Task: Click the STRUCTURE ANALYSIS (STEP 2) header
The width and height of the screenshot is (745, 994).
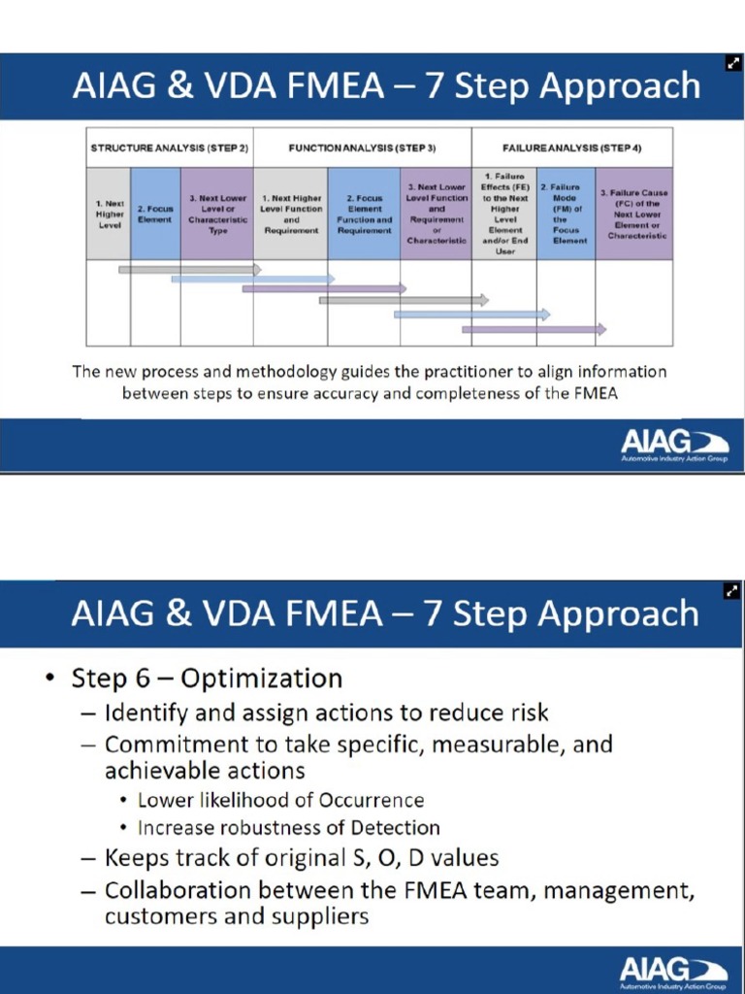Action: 169,148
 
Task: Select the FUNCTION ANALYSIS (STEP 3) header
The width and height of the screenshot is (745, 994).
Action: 362,148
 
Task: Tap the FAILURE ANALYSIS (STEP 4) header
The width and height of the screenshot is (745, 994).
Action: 571,148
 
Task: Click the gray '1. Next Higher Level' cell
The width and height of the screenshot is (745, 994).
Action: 109,214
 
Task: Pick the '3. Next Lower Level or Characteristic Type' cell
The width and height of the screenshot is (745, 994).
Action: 217,214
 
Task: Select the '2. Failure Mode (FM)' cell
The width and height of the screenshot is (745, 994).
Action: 566,214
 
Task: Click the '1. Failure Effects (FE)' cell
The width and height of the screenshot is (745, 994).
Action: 503,214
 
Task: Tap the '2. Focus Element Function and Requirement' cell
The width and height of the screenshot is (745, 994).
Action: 364,214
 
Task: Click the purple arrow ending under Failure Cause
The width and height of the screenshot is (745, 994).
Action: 534,329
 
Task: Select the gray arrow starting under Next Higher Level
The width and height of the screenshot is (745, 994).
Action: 189,269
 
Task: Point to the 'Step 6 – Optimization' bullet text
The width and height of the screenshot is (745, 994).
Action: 207,678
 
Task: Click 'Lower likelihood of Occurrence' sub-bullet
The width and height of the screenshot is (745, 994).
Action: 280,800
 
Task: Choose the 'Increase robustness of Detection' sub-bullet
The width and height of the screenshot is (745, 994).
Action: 288,828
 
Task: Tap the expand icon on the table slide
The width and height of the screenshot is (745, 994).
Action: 733,64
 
